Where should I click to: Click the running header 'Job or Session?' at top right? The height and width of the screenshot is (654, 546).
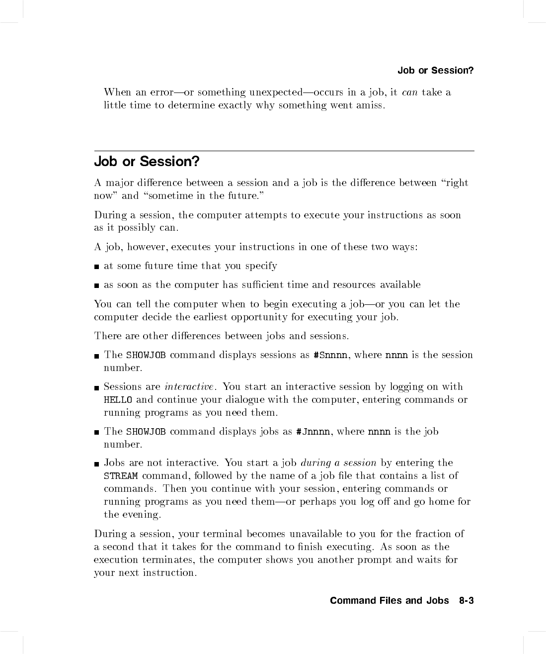click(x=435, y=70)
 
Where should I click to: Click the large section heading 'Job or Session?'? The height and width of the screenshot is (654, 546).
click(x=147, y=162)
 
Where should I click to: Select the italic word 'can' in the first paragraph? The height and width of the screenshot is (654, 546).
click(x=409, y=93)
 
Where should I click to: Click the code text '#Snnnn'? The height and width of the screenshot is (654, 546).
click(x=331, y=355)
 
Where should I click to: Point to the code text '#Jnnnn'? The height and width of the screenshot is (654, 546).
click(x=312, y=432)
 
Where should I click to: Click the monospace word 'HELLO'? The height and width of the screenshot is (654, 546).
click(x=118, y=400)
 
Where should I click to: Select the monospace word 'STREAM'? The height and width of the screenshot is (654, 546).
click(x=121, y=476)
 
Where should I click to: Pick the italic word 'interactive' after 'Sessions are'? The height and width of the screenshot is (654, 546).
click(x=189, y=387)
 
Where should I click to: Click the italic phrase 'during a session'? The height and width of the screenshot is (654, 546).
click(x=338, y=463)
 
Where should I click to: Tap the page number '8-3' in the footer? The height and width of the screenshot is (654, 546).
click(x=466, y=601)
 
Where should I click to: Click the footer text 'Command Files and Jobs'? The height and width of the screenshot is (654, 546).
click(x=389, y=601)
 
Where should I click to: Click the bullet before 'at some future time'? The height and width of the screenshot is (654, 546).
click(x=97, y=267)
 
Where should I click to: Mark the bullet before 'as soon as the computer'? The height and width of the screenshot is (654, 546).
click(x=97, y=285)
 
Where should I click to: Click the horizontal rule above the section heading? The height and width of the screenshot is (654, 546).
click(x=284, y=151)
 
